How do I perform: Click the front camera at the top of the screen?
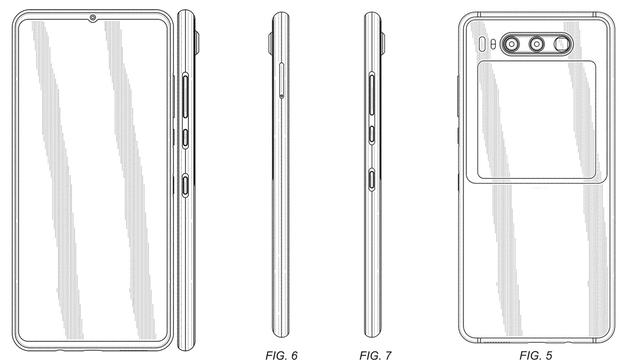(93, 18)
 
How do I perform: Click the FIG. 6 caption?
(281, 355)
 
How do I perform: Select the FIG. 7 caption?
(375, 355)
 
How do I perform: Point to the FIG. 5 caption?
(536, 355)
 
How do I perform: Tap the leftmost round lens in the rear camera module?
(511, 44)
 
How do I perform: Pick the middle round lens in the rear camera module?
(536, 44)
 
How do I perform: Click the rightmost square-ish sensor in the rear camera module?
(561, 44)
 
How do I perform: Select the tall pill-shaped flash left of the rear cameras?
(482, 44)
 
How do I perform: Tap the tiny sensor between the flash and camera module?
(493, 44)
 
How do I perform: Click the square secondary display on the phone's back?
(536, 120)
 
